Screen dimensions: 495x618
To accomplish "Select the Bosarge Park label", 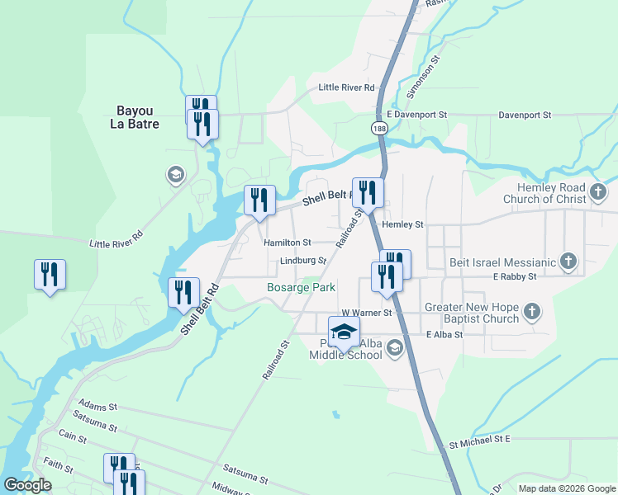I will click(x=301, y=288).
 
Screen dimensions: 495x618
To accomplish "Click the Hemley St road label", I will click(x=402, y=224).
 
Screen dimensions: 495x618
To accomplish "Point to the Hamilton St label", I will click(x=287, y=243).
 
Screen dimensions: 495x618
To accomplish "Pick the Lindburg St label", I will click(x=303, y=261).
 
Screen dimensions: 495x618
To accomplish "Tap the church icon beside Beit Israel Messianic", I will click(x=568, y=262).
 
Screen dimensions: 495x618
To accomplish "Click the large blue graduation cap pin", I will click(x=345, y=333).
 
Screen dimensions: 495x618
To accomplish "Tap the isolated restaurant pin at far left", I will click(x=50, y=275).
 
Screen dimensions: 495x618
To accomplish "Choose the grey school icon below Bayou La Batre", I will click(x=174, y=174).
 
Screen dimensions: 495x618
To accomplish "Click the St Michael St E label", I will click(x=480, y=444).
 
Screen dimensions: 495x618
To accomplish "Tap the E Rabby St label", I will click(x=515, y=276).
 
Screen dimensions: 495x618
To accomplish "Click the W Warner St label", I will click(x=366, y=313).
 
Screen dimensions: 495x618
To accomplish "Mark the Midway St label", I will click(x=229, y=489).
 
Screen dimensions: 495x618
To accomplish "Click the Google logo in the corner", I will click(x=27, y=485).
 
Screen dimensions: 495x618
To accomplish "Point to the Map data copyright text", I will click(x=567, y=488).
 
